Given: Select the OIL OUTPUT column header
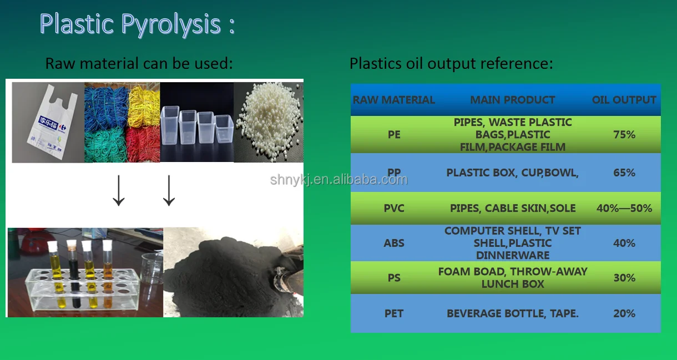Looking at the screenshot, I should tap(624, 100).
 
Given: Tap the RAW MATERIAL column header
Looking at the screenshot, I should tap(394, 100).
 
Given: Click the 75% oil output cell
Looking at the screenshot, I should tap(624, 134).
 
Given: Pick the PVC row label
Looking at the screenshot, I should tap(394, 209).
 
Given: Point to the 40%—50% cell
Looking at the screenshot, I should tap(624, 209).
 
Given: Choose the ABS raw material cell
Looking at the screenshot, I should tap(394, 243).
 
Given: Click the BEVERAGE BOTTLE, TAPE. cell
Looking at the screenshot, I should tap(513, 313).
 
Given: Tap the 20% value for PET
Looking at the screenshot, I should tap(624, 313).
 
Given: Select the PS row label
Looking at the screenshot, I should tap(394, 277).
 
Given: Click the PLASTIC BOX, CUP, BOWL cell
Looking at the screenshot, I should tap(513, 173).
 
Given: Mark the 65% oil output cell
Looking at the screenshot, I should tap(624, 173).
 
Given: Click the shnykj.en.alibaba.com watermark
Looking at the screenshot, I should tap(338, 179).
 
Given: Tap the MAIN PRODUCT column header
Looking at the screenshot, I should tap(513, 100).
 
